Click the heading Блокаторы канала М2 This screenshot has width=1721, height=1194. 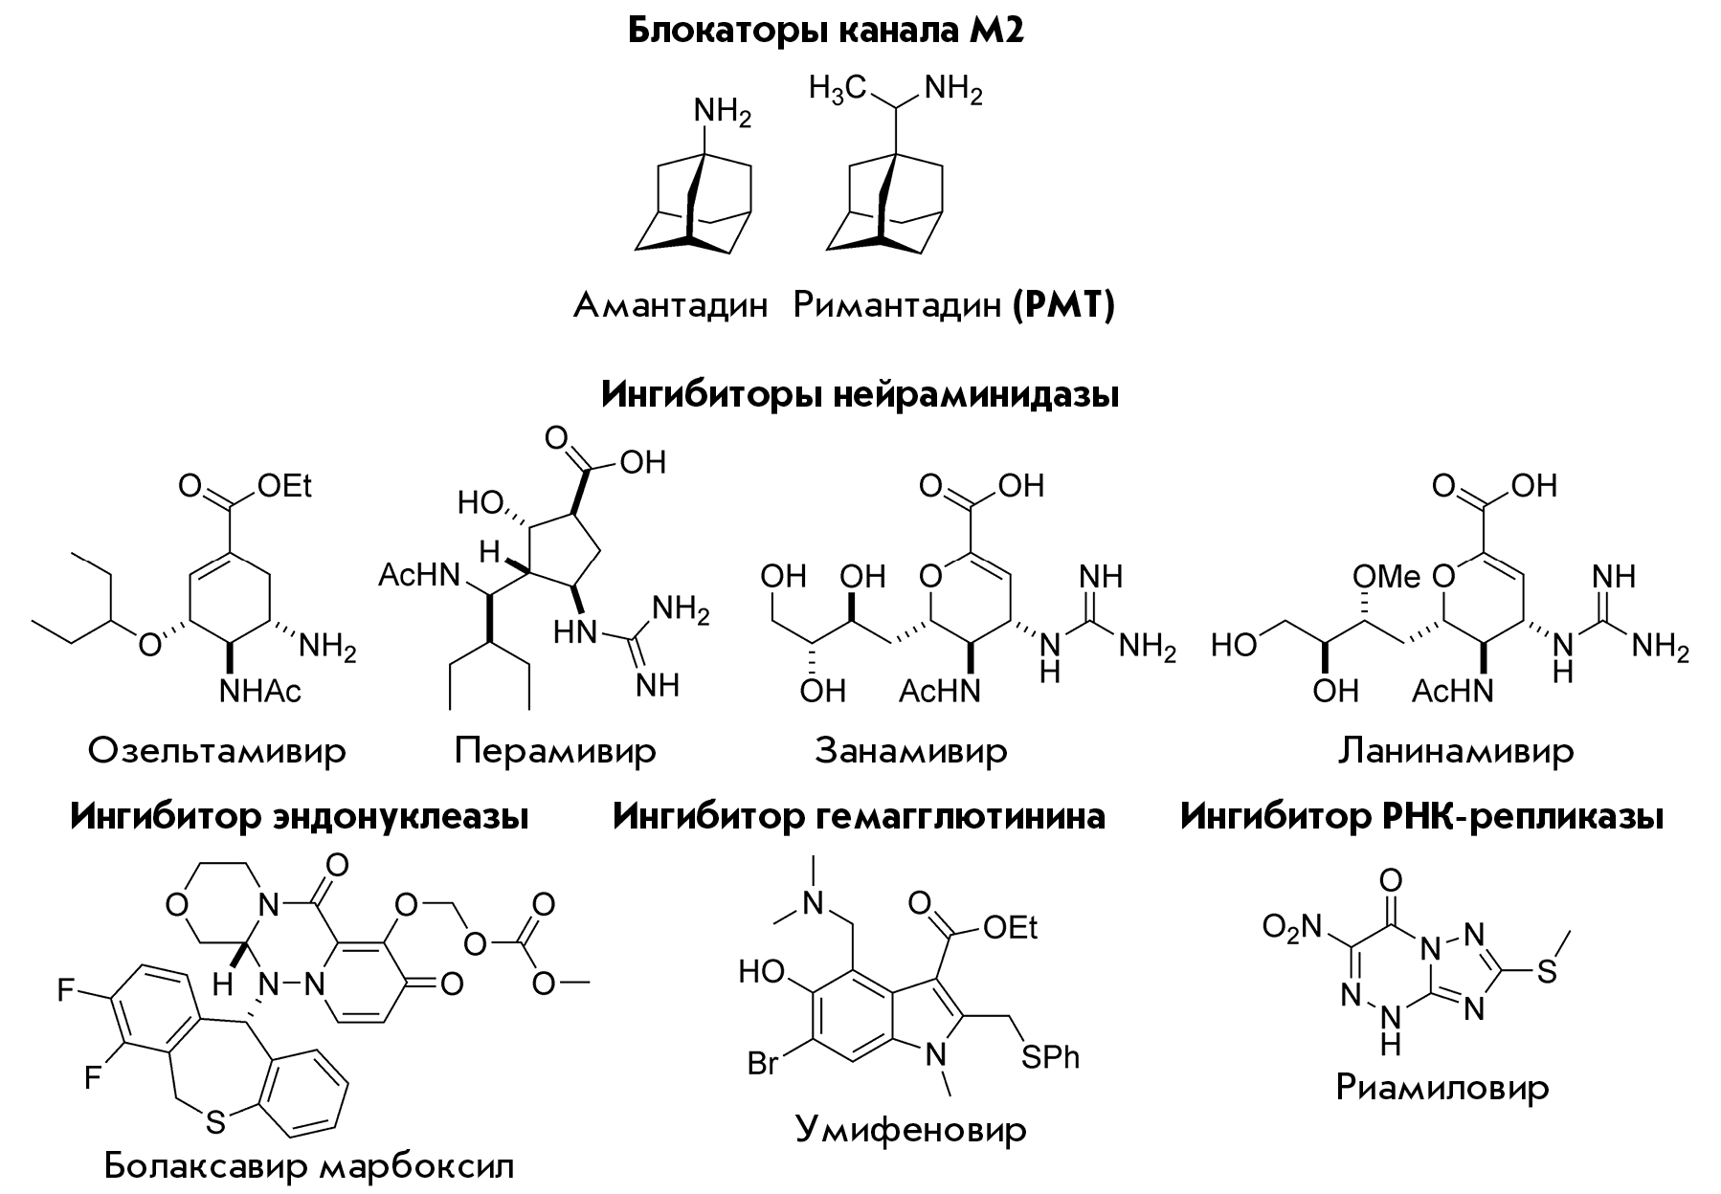coord(826,31)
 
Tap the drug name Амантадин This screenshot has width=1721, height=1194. coord(671,306)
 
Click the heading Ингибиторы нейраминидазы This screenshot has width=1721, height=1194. coord(860,394)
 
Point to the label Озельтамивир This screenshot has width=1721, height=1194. coord(217,751)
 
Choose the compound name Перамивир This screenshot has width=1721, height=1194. coord(555,751)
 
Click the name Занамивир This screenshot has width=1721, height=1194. coord(911,751)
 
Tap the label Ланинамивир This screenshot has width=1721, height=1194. coord(1455,751)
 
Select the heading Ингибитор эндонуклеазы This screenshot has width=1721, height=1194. coord(300,817)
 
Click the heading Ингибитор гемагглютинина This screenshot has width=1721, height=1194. coord(859,817)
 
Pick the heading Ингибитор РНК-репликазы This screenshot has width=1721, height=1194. coord(1421,817)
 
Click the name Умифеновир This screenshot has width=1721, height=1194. coord(911,1130)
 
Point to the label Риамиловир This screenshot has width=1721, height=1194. coord(1442,1088)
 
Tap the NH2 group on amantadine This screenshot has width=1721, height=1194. coord(722,113)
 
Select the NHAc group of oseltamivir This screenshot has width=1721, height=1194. coord(260,690)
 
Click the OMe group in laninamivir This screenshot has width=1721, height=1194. coord(1387,577)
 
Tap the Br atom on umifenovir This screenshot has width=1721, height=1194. coord(763,1063)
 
